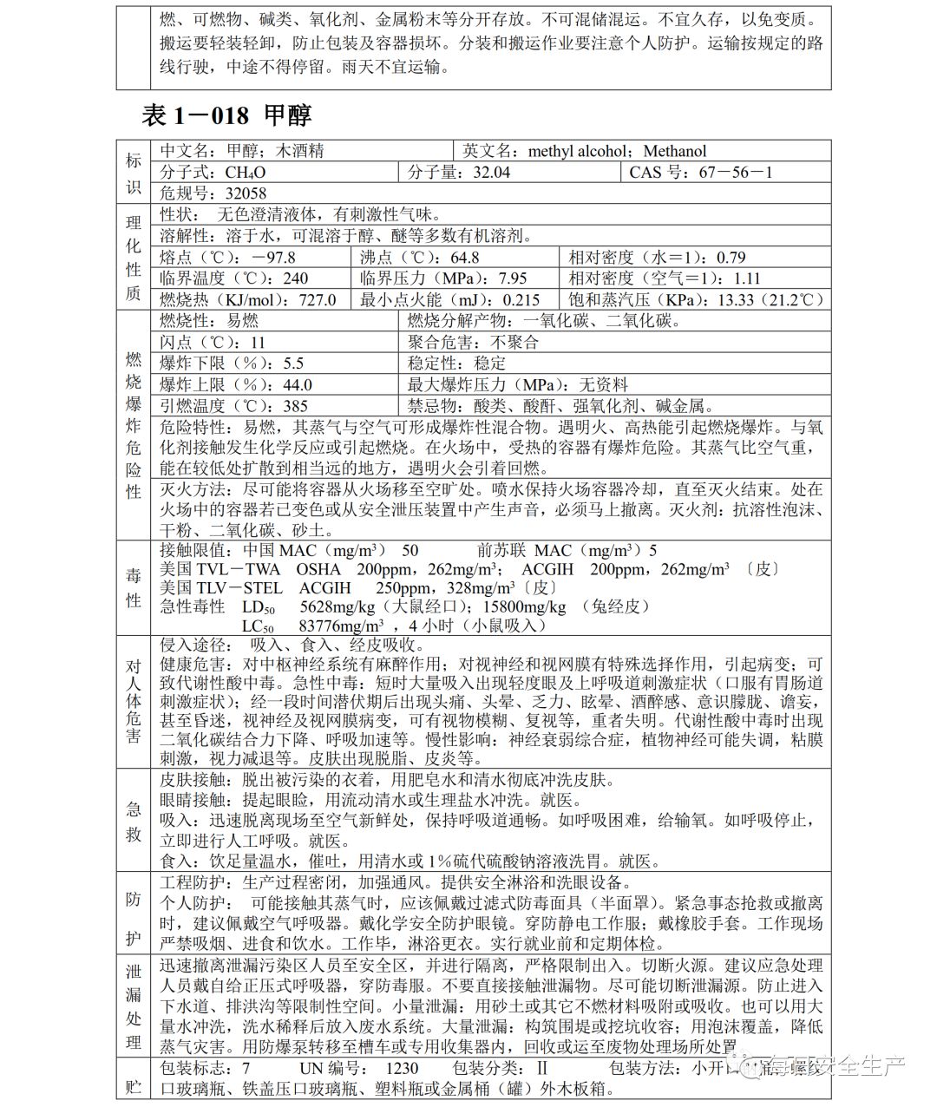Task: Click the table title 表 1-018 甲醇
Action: click(226, 115)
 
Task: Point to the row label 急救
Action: click(134, 821)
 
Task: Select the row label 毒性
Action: click(134, 587)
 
